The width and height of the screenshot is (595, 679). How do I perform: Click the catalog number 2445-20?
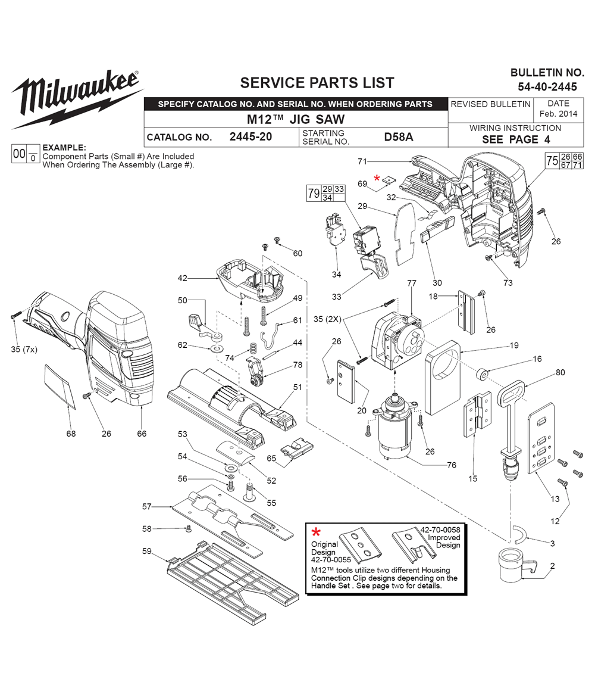coord(250,137)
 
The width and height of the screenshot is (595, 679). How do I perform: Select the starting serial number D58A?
coord(398,137)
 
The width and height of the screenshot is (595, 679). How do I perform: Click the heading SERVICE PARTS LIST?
coord(317,83)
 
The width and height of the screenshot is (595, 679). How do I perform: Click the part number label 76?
coord(452,465)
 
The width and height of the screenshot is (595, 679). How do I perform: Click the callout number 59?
coord(147,551)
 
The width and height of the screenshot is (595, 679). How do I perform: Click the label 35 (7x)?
coord(23,350)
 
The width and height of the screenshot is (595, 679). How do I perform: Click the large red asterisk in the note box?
coord(317,532)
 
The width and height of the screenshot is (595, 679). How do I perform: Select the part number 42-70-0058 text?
coord(440,530)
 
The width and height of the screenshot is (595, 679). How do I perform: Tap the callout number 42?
coord(182,278)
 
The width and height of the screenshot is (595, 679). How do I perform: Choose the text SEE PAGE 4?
coord(515,139)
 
